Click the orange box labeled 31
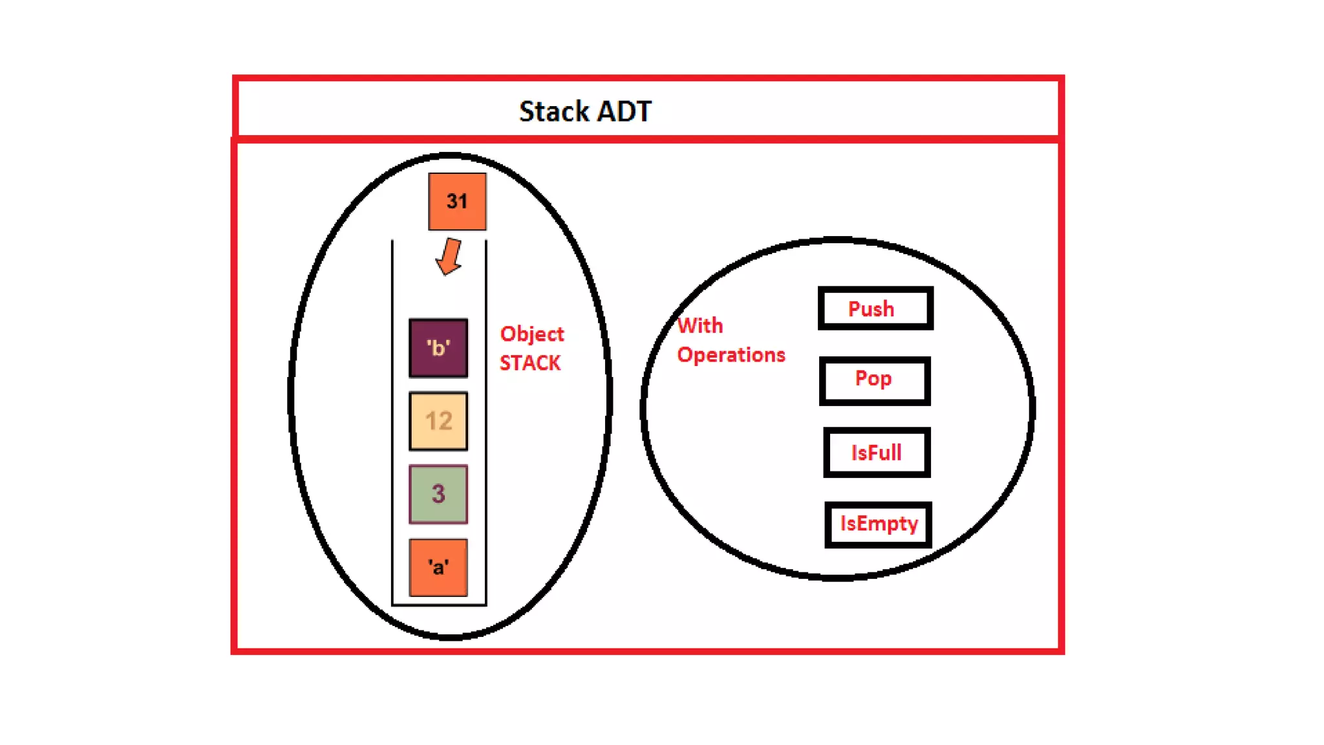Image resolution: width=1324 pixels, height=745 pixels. [457, 201]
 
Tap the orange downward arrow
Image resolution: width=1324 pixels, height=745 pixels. [449, 257]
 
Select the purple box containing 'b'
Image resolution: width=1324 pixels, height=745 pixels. [438, 348]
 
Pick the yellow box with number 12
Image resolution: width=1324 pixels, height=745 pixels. [438, 421]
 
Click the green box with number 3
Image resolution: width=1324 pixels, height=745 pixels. [438, 494]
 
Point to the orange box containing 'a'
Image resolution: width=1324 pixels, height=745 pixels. [438, 567]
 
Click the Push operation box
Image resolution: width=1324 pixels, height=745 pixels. [875, 308]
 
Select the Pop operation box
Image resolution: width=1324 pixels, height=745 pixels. [875, 380]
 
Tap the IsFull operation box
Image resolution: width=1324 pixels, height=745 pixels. [877, 452]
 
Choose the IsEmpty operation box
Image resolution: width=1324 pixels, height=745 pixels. [878, 524]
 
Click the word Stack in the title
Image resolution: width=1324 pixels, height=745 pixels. [554, 111]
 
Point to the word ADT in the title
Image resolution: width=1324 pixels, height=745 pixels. [624, 111]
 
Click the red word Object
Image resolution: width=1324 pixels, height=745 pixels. [531, 334]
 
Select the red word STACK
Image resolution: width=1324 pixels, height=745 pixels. [530, 363]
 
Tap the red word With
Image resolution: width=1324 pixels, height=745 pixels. [700, 325]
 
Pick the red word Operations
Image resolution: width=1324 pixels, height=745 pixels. [731, 355]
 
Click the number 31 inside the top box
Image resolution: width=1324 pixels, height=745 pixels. [457, 201]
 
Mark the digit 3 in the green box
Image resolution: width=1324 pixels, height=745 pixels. [438, 494]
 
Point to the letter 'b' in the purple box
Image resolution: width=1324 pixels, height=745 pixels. [438, 348]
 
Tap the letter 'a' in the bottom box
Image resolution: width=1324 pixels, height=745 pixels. [438, 567]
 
